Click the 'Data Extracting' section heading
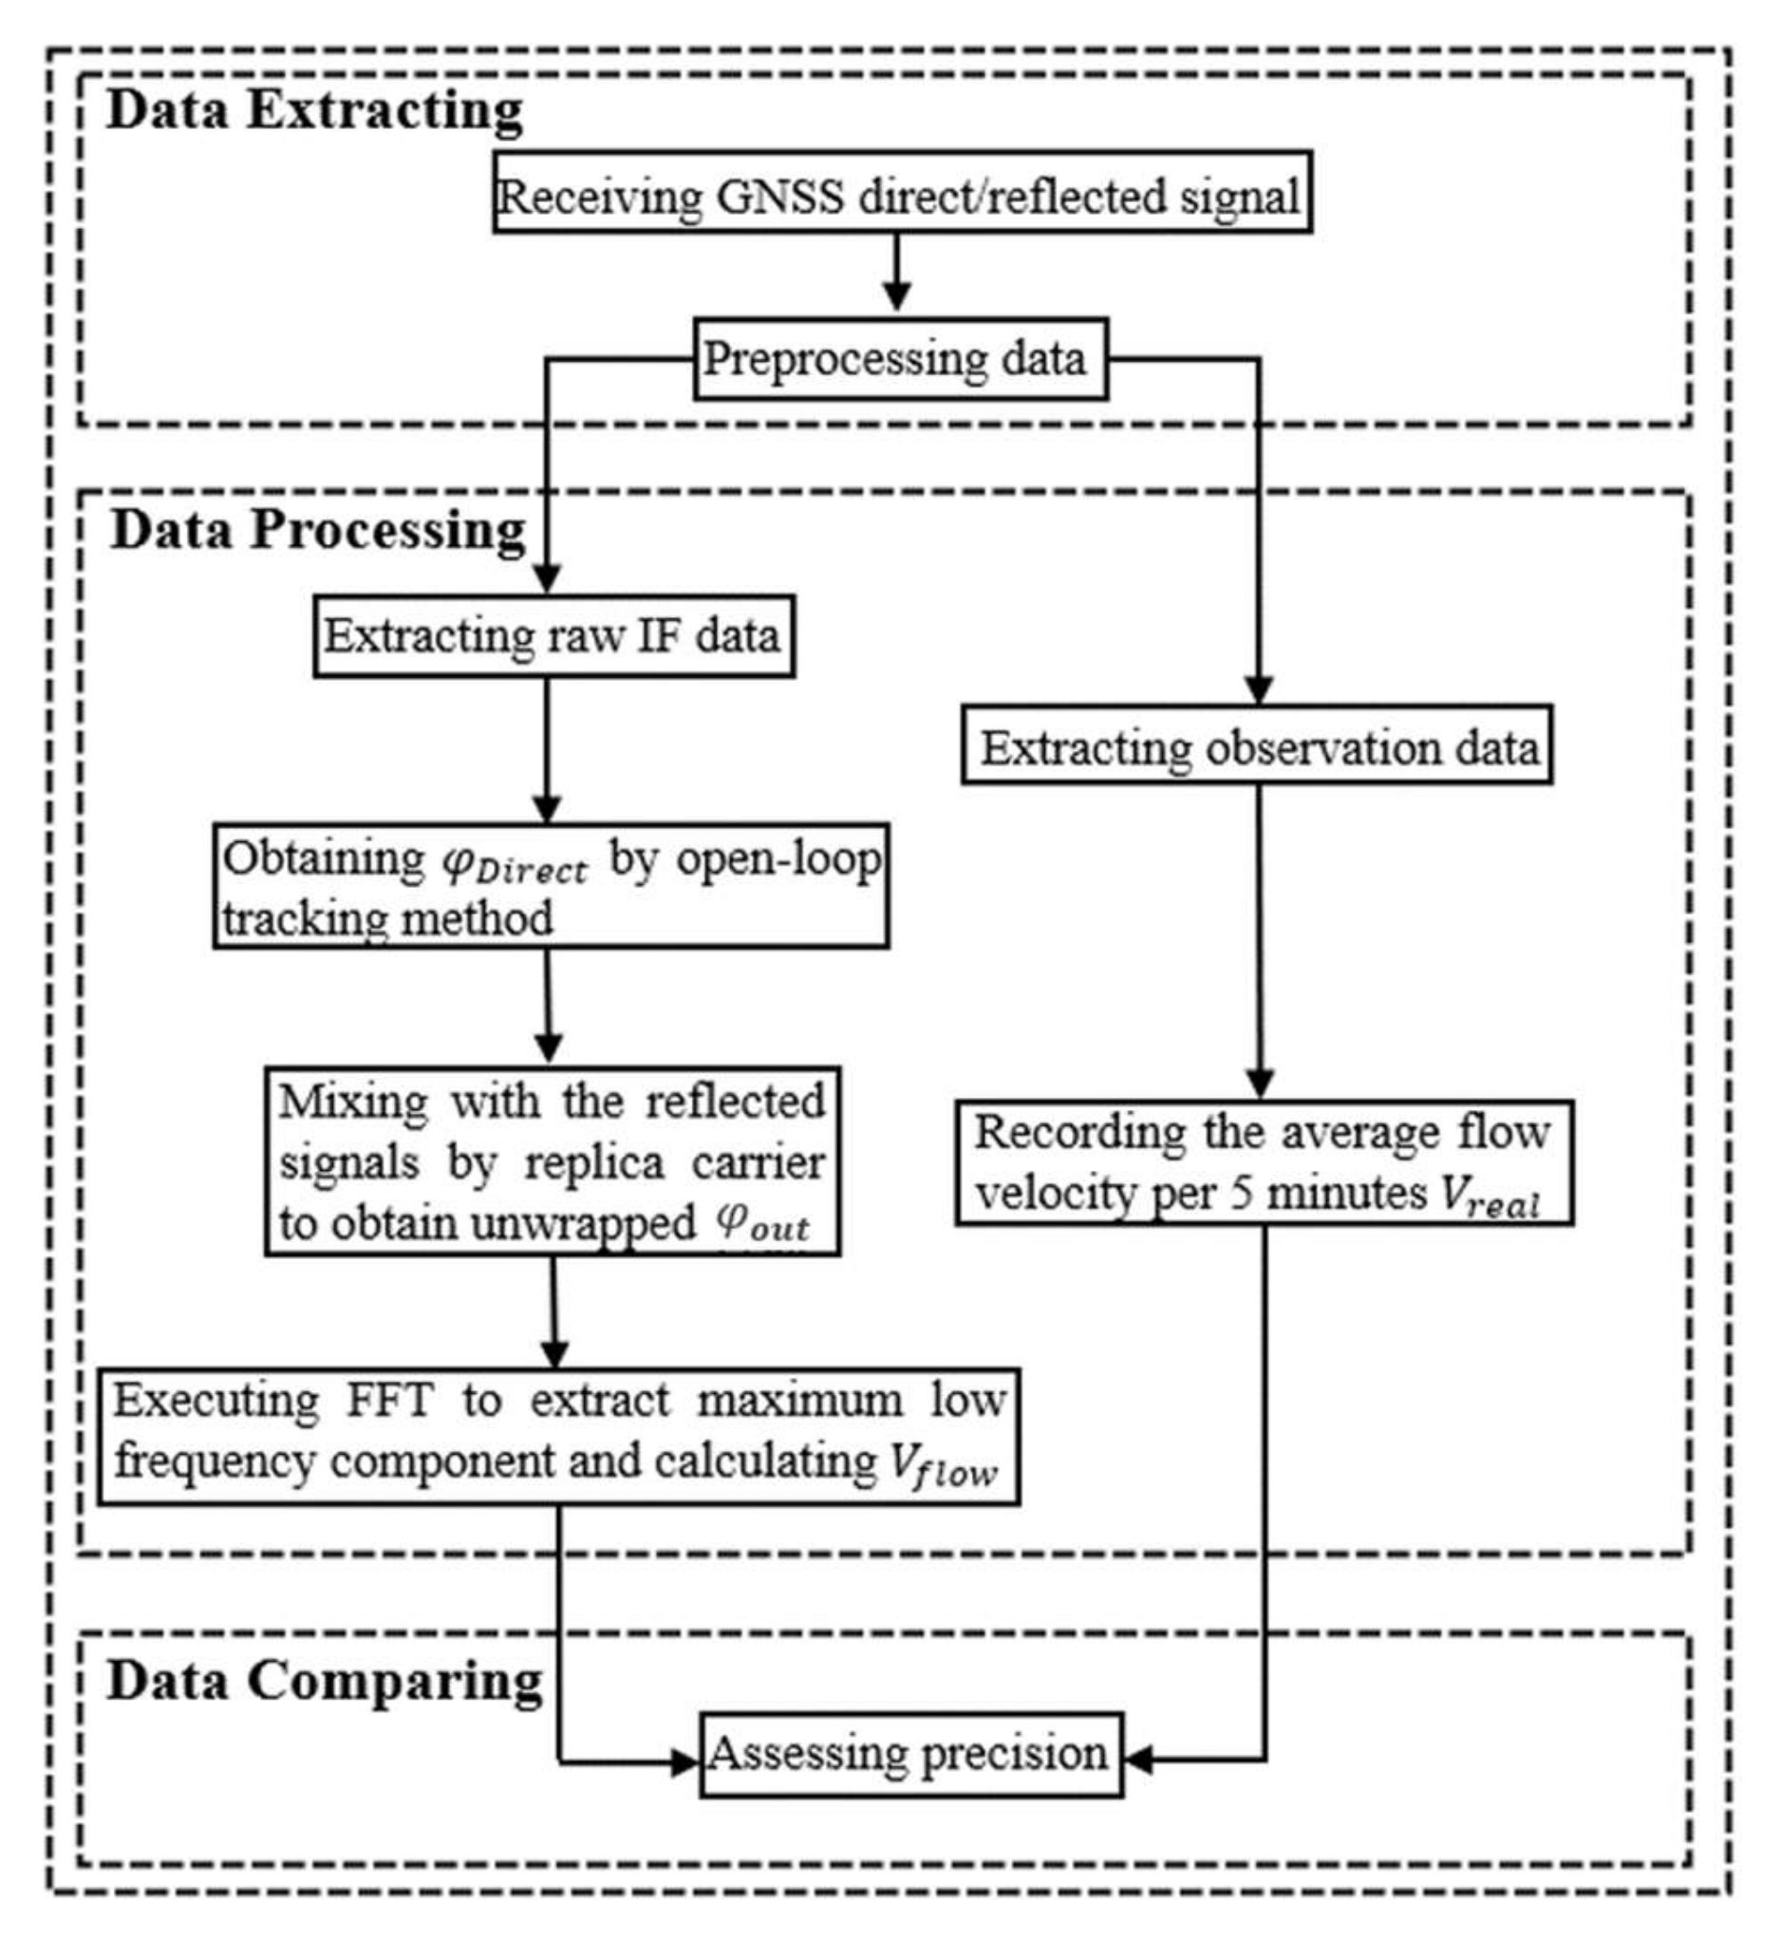(313, 110)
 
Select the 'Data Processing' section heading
(318, 530)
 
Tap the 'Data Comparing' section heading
(324, 1681)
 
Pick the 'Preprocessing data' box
(900, 359)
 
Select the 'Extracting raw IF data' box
(553, 636)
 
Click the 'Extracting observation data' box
(1257, 747)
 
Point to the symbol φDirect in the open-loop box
(514, 863)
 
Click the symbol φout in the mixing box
(761, 1224)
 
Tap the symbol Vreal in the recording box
(1490, 1198)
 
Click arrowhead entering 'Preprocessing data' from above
(897, 298)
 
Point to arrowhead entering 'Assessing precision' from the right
(1139, 1759)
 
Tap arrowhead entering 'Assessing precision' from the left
(685, 1762)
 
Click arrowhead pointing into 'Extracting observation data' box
(1259, 691)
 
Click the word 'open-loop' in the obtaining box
(778, 859)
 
